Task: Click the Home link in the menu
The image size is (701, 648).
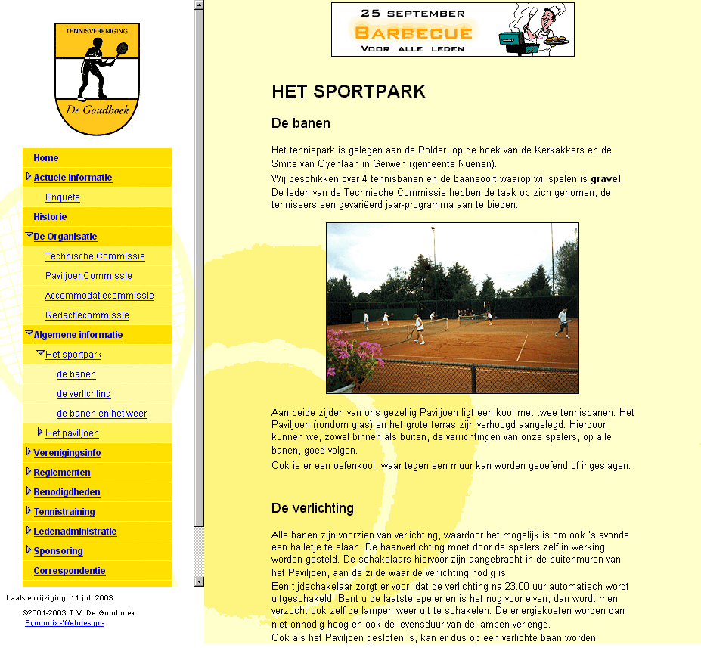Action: point(45,158)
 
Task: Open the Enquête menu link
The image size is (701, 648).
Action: point(62,197)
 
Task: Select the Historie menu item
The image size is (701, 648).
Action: point(50,217)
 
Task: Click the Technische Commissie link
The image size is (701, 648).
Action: point(95,256)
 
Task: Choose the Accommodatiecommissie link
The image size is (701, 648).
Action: point(99,296)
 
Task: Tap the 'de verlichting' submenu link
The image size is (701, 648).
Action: point(83,394)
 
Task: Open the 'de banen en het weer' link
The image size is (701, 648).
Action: point(101,414)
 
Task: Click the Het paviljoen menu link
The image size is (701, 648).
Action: point(72,433)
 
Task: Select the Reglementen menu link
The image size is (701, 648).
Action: point(61,473)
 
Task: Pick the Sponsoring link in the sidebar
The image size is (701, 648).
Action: point(58,551)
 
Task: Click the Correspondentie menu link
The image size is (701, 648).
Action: point(69,571)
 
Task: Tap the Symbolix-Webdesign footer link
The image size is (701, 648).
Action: point(64,623)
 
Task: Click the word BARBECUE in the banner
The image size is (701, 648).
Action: point(414,33)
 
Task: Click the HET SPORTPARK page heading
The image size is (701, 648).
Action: point(349,92)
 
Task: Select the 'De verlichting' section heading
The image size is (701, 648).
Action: point(312,508)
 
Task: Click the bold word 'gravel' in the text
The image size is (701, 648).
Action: point(605,179)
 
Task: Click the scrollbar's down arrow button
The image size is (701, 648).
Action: point(200,581)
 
